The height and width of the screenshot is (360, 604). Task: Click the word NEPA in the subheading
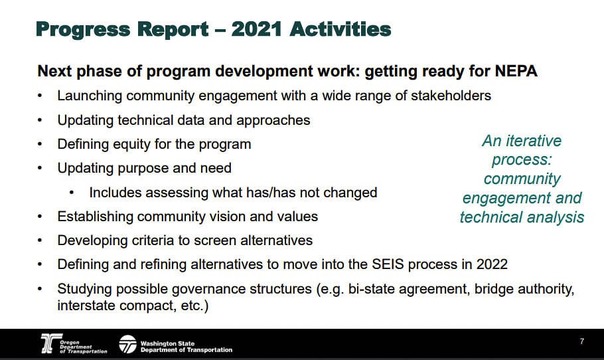click(x=516, y=71)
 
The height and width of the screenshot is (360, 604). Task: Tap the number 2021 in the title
click(x=257, y=29)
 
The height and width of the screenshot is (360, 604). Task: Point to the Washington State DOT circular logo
click(x=127, y=344)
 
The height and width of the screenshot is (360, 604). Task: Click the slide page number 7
click(x=581, y=341)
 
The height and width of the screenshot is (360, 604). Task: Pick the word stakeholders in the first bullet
click(x=451, y=96)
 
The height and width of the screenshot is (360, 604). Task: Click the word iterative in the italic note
click(x=534, y=141)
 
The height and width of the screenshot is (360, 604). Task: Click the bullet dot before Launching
click(x=40, y=95)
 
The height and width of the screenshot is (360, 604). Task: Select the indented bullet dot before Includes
click(x=72, y=192)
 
